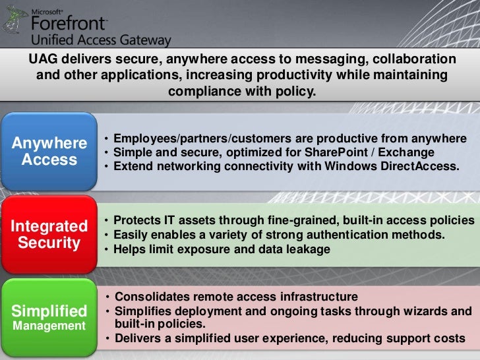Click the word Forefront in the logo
[x=69, y=24]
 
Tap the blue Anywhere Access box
[x=49, y=152]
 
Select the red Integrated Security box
[x=49, y=234]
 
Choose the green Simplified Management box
[x=49, y=317]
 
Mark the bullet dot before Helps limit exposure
[x=107, y=250]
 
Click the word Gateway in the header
[x=145, y=40]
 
